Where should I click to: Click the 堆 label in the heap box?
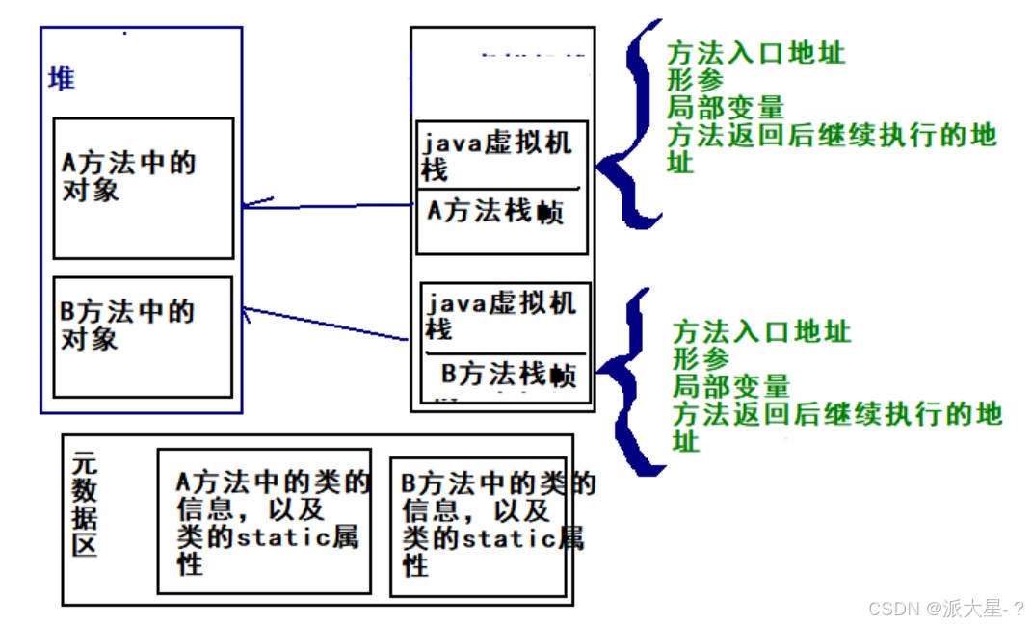tap(62, 78)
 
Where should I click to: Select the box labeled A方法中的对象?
tap(143, 189)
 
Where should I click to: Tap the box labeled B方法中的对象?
tap(143, 337)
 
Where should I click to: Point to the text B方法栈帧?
tap(509, 374)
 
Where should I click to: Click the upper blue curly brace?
tap(631, 125)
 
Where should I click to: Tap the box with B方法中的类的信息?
tap(479, 526)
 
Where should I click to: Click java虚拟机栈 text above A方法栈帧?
tap(496, 157)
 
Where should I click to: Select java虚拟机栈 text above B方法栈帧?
tap(501, 316)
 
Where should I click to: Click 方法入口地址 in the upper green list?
tap(755, 52)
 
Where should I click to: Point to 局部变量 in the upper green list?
tap(725, 108)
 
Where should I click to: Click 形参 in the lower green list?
tap(701, 359)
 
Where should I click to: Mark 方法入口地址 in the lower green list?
tap(761, 332)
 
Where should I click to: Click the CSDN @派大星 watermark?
tap(944, 609)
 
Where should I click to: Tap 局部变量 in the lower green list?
tap(730, 387)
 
